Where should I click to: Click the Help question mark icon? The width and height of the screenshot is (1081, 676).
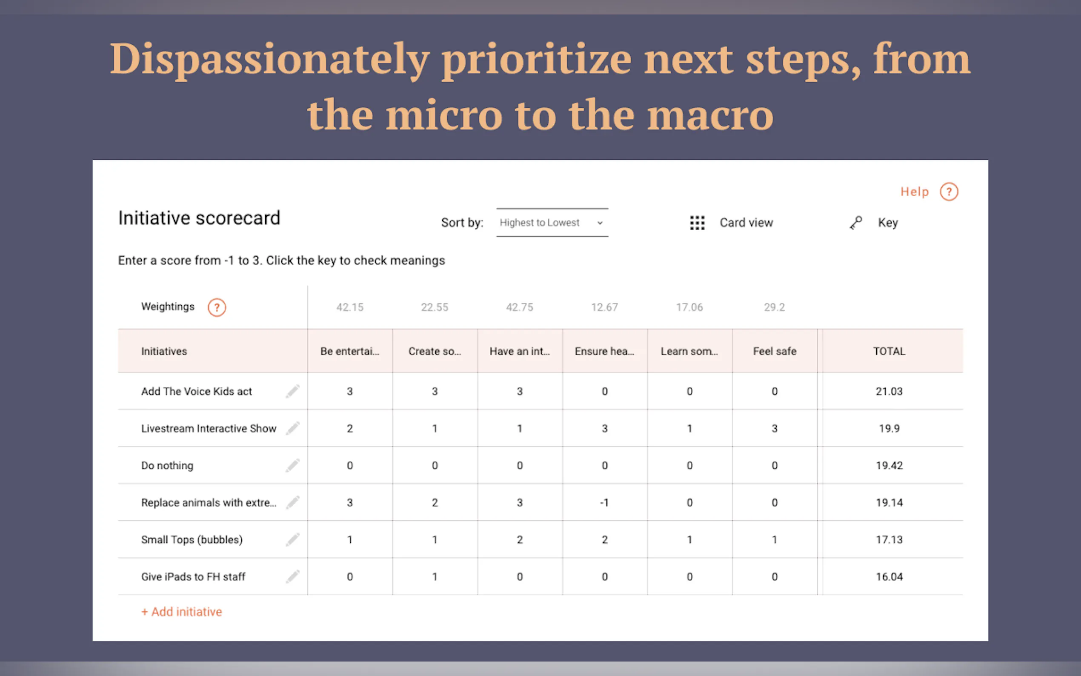point(949,192)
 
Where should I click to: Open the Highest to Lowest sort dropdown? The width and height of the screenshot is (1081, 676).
point(552,222)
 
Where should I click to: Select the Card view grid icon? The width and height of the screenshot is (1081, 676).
point(697,223)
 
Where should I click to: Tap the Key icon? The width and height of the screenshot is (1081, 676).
point(855,223)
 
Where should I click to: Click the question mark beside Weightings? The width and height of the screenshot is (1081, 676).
point(217,307)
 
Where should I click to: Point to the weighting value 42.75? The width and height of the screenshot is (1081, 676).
point(519,307)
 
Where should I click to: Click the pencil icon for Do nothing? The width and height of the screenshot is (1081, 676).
point(292,465)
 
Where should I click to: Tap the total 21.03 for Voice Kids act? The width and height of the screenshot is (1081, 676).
point(889,391)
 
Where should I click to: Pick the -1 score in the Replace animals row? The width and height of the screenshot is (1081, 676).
point(604,502)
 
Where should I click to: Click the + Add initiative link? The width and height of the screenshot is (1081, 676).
point(181,612)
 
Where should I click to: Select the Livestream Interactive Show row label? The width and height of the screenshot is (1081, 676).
point(209,428)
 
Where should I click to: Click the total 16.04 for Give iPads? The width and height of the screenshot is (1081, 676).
point(889,577)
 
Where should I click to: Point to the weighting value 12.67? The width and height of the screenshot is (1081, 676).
point(604,307)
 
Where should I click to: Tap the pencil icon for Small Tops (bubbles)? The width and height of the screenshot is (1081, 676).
point(292,540)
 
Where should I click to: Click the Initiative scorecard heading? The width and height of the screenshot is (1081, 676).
point(199,218)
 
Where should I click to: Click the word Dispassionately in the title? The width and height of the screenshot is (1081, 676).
point(269,60)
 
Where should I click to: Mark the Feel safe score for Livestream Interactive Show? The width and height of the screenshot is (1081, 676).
point(775,428)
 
